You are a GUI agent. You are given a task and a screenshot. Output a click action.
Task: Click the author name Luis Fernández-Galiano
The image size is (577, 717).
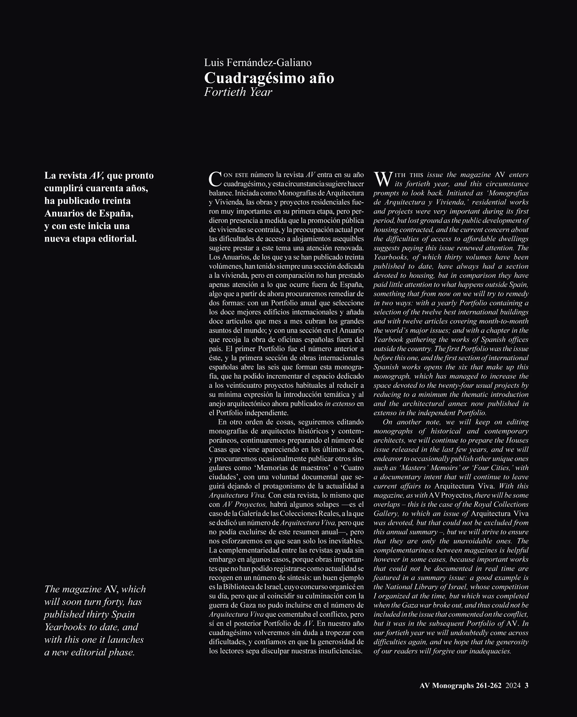click(258, 63)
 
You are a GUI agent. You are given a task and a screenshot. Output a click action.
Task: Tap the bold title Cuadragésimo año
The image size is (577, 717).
click(269, 78)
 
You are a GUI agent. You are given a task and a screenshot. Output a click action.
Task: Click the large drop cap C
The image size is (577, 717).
click(215, 179)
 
